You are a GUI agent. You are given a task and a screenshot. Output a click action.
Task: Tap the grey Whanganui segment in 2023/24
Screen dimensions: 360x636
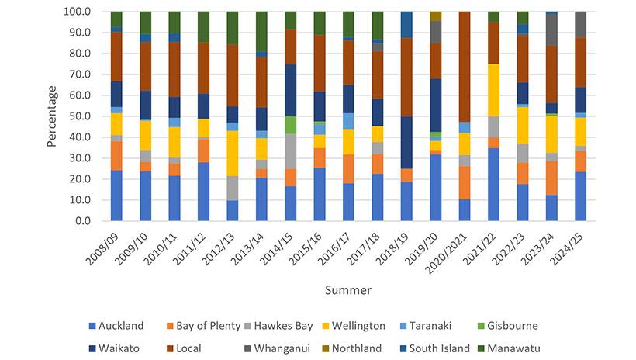(551, 29)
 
